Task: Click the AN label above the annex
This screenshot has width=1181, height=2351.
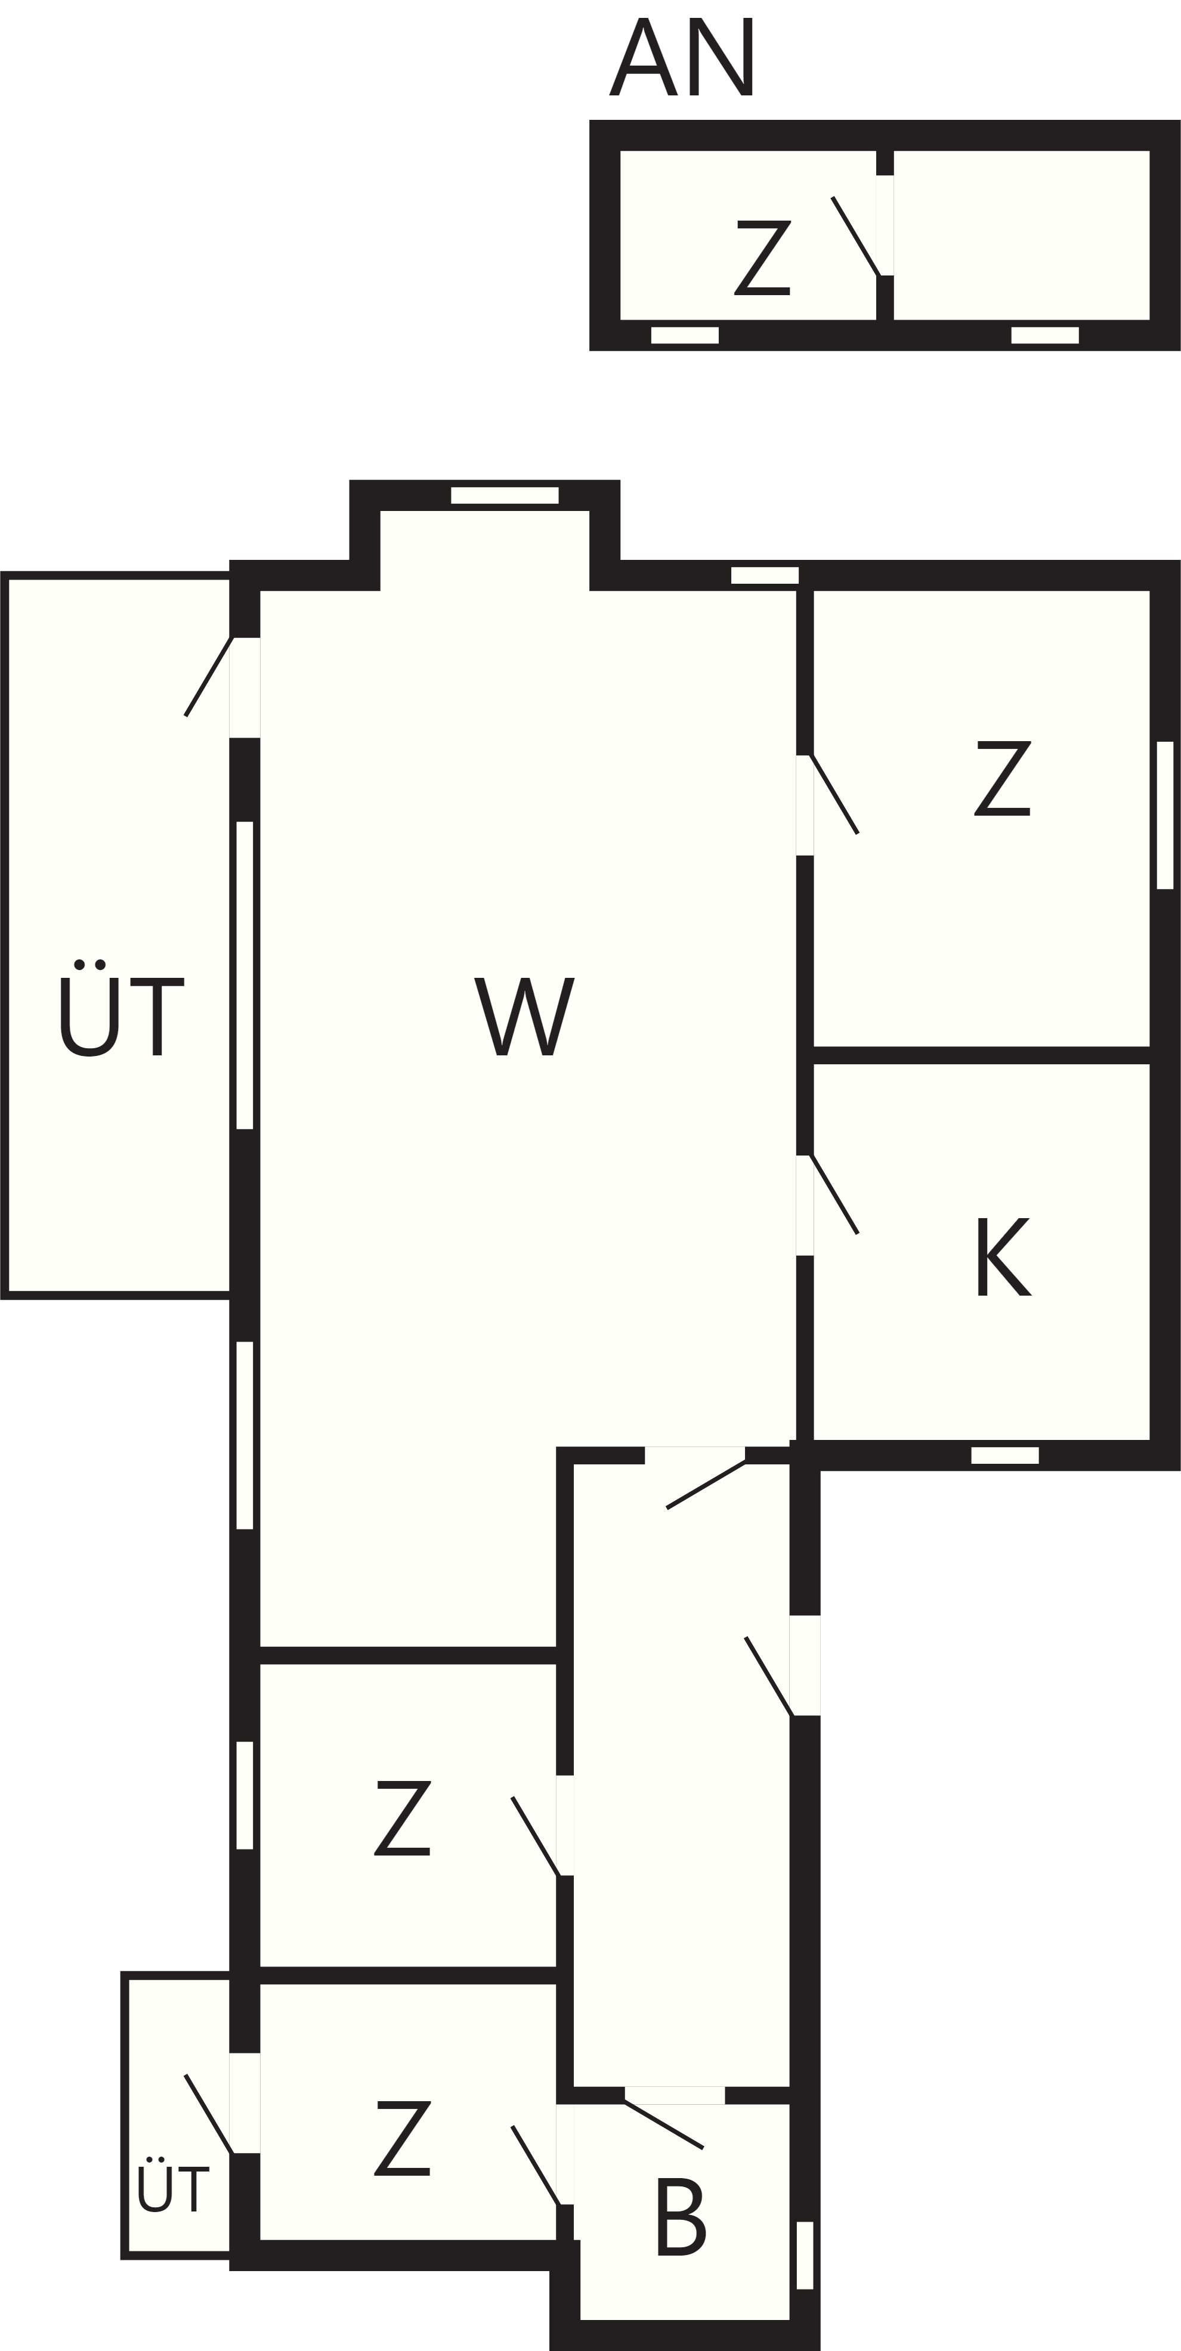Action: point(681,57)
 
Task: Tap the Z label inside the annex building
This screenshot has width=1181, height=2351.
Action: point(762,258)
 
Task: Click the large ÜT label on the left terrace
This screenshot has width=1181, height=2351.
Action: point(122,1008)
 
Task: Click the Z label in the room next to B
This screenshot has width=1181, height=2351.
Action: point(403,2138)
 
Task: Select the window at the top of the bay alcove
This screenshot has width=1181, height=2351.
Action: point(505,495)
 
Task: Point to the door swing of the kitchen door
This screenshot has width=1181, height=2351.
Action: point(834,1195)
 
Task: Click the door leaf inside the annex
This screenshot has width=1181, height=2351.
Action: point(855,236)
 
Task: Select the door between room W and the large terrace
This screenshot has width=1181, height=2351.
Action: point(209,676)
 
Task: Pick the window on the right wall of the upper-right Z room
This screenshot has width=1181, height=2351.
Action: point(1164,815)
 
